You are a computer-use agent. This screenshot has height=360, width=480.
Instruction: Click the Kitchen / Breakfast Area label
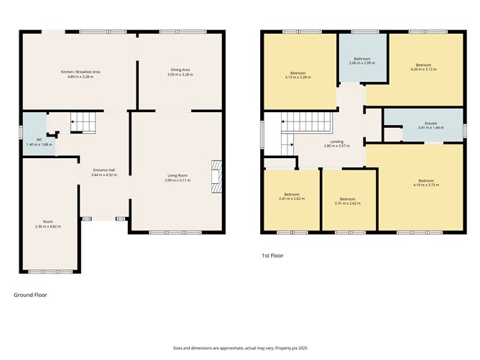80,71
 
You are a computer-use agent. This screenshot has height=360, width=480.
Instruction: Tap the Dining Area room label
178,70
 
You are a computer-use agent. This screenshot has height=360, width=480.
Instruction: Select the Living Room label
177,175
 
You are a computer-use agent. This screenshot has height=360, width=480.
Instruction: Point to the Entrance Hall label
103,171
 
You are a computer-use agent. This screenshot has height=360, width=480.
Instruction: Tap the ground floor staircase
82,124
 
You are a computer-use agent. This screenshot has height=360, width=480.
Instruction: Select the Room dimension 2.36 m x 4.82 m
47,226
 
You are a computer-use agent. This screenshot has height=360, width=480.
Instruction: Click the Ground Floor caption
31,295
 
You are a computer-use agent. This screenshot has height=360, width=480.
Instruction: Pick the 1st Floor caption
274,254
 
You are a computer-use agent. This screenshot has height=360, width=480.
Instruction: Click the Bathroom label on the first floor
360,59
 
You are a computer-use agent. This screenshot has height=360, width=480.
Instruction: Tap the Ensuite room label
430,124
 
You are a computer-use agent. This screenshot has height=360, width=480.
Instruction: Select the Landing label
336,142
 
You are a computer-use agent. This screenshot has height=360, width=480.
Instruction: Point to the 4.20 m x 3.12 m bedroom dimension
423,69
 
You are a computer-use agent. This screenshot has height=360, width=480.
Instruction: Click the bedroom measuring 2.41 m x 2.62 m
292,198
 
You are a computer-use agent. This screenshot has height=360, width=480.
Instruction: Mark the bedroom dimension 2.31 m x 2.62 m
348,203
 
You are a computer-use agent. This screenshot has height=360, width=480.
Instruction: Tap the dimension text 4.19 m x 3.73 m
426,185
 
